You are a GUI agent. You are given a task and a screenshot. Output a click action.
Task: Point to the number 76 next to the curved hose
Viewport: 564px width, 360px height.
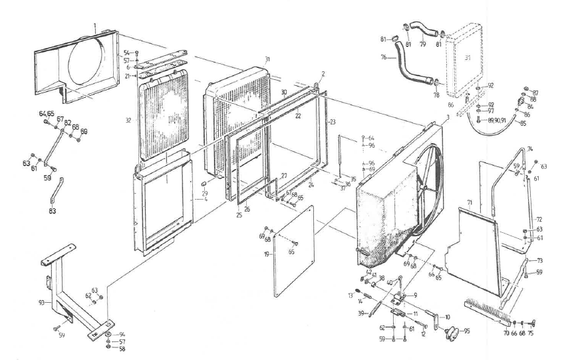(x=384, y=57)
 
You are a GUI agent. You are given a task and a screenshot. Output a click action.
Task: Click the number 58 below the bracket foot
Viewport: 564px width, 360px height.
(x=122, y=349)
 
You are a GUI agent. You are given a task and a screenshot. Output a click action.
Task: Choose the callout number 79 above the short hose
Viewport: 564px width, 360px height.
(x=422, y=45)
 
